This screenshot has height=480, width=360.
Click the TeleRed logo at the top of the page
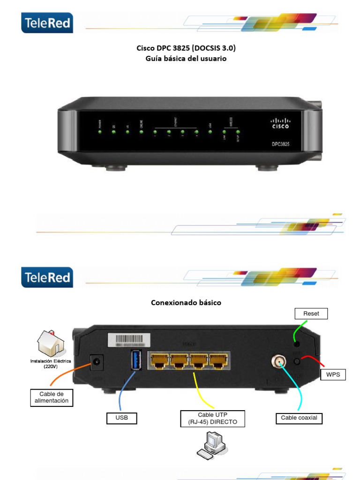click(x=47, y=22)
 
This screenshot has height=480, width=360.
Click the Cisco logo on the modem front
click(x=281, y=124)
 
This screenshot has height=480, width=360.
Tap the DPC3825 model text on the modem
click(x=281, y=144)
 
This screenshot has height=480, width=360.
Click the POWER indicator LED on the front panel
click(x=100, y=132)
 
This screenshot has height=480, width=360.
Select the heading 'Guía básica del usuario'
click(x=186, y=59)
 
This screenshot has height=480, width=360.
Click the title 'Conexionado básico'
click(x=186, y=303)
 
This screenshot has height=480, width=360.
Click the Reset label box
click(x=311, y=314)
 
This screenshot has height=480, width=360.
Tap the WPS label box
click(x=333, y=375)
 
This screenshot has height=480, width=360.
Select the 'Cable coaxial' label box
click(x=299, y=418)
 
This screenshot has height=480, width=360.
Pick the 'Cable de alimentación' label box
click(x=52, y=397)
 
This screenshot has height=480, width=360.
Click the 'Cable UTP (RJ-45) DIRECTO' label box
click(x=212, y=418)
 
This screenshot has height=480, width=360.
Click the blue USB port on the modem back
click(x=136, y=362)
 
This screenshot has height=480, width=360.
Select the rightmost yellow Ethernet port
click(x=218, y=361)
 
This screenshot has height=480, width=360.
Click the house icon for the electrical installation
click(x=50, y=343)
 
